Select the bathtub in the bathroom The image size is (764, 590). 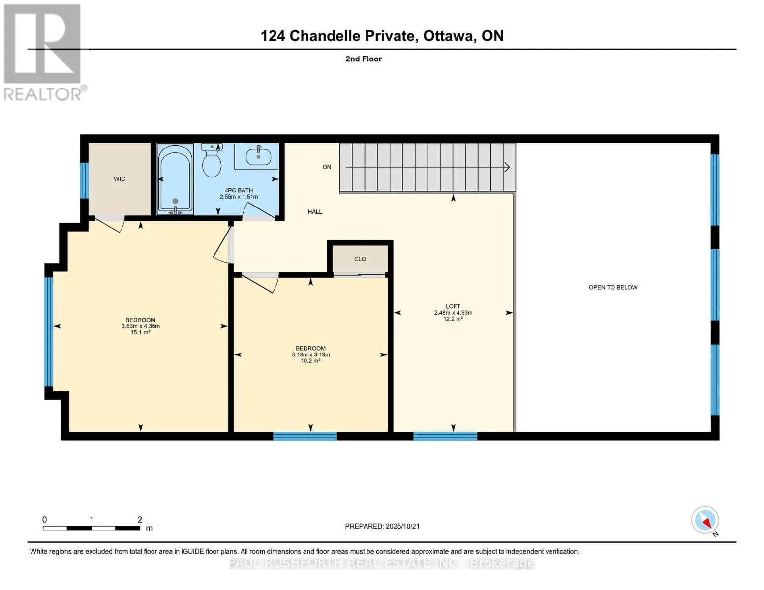[x=175, y=179]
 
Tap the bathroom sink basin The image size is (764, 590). [x=258, y=156]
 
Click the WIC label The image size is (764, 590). [x=120, y=179]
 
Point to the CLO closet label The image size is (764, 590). [x=360, y=259]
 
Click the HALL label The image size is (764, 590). [x=315, y=212]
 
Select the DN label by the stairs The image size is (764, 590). [x=327, y=167]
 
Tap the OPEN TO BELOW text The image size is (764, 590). [x=613, y=287]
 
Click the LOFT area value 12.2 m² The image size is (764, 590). [x=453, y=319]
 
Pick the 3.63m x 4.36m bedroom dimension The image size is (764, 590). [x=141, y=326]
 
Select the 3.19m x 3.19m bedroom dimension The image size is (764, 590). [x=310, y=354]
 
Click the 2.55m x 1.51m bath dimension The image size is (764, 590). [x=239, y=197]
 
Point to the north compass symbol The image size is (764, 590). [x=705, y=521]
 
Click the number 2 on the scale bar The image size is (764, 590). [x=140, y=520]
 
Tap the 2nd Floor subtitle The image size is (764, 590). [x=364, y=59]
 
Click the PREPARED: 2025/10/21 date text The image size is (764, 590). [x=382, y=526]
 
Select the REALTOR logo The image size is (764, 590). [x=43, y=52]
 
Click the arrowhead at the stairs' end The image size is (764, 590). [x=507, y=167]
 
